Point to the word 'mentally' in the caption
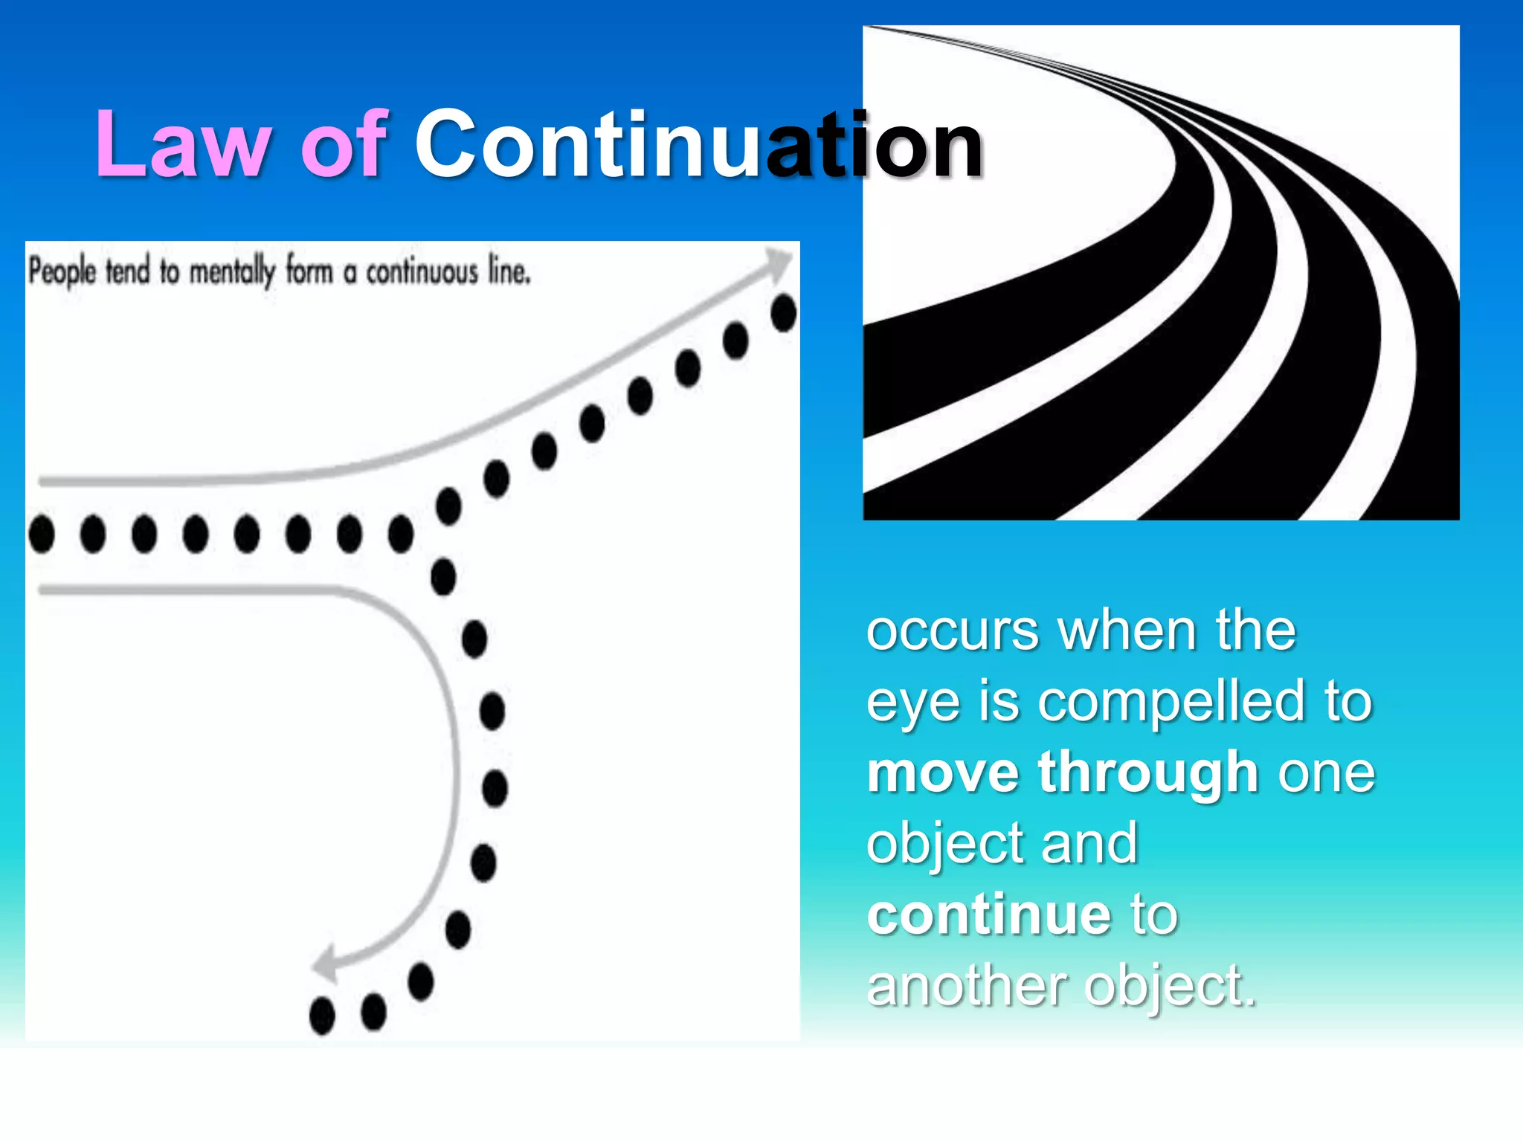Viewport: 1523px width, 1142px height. [x=232, y=272]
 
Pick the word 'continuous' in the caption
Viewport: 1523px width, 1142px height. [x=422, y=272]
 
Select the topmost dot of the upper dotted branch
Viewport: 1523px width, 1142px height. [x=784, y=312]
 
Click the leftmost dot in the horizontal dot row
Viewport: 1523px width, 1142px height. [x=42, y=534]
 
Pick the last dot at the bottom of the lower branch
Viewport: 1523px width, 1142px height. [x=322, y=1015]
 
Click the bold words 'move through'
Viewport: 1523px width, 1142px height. [x=1062, y=772]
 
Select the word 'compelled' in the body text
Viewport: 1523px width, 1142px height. [x=1171, y=702]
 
